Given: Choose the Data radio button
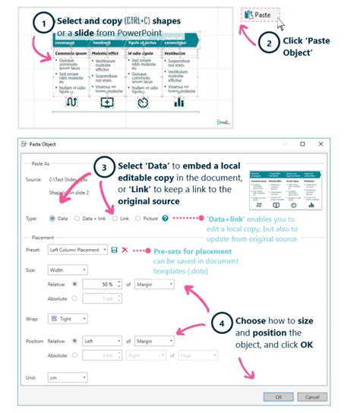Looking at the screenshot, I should [53, 218].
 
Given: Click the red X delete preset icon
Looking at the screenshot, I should [125, 250].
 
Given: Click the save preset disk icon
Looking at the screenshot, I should [115, 250].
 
